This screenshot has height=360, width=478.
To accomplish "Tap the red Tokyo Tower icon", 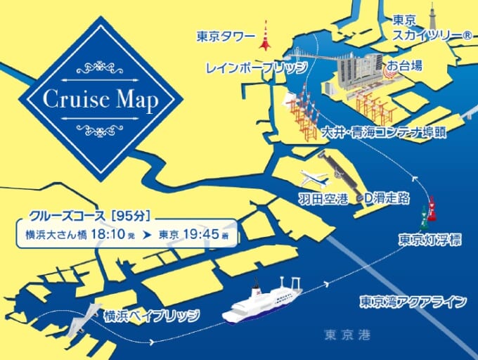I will [x=265, y=37].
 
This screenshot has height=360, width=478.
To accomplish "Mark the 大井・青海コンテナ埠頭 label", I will [x=384, y=133].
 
